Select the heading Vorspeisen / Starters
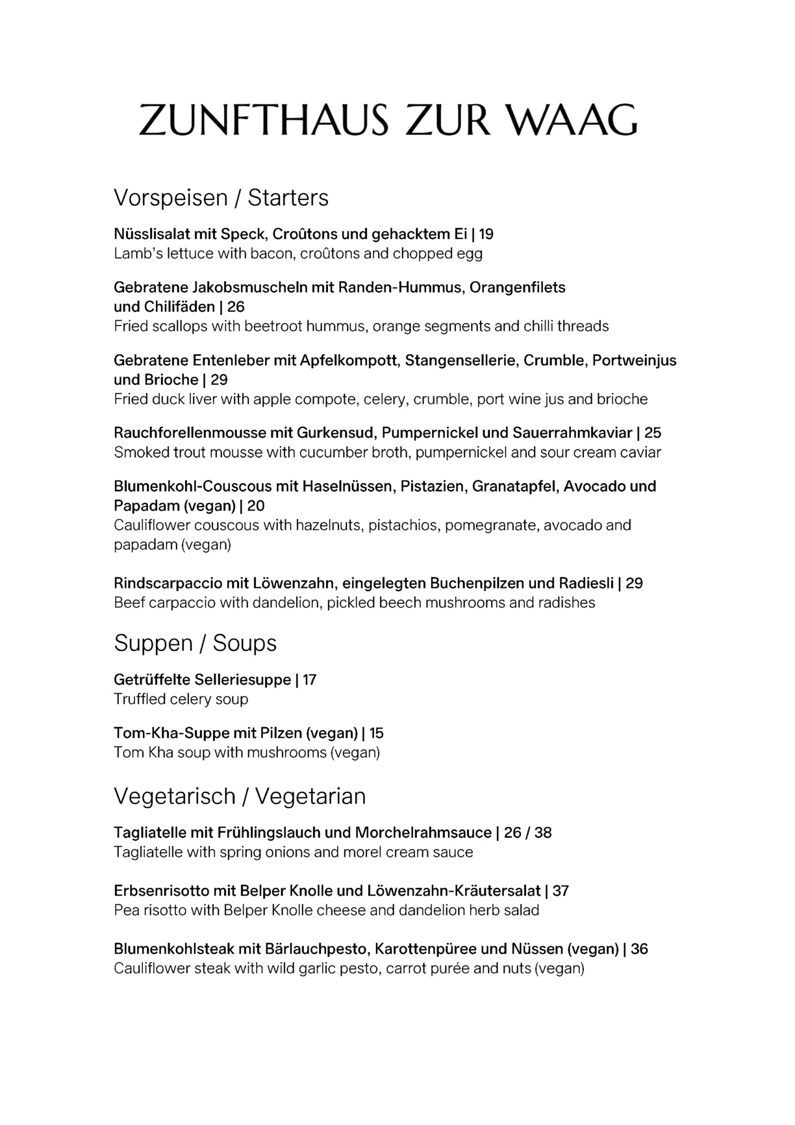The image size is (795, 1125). (x=221, y=197)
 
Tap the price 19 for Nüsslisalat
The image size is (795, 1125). (x=486, y=234)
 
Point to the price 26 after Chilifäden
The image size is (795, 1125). (x=236, y=307)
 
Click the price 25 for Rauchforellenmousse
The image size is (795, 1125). (x=653, y=433)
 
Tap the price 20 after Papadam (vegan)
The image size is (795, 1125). (x=256, y=505)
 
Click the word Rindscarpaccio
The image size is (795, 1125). (x=167, y=583)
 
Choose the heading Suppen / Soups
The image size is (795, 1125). (x=195, y=643)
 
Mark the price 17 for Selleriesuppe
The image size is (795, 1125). (x=309, y=680)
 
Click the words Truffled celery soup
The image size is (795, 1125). (x=181, y=700)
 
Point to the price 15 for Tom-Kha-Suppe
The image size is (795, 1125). (x=376, y=733)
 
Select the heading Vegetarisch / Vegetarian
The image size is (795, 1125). (x=240, y=796)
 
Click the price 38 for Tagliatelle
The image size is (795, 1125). (x=543, y=833)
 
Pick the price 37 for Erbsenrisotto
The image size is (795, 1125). (x=561, y=891)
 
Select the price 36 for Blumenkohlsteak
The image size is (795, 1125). (x=639, y=949)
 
